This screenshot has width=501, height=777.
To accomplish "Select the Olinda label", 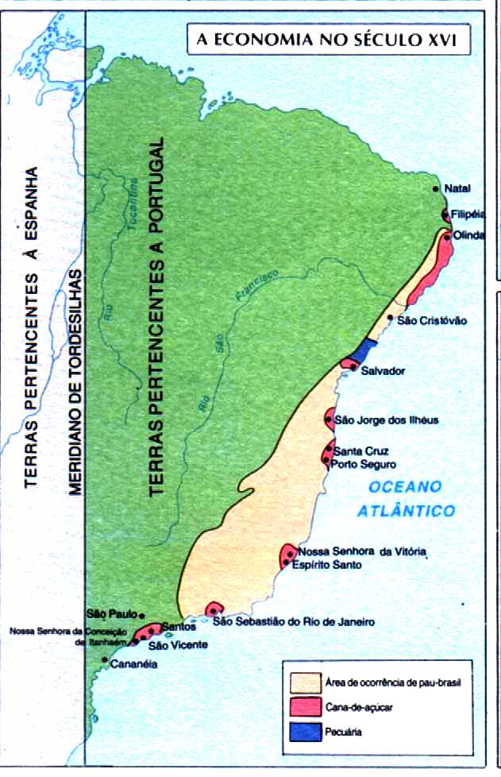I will click(468, 236).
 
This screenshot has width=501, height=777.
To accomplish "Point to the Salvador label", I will click(383, 371).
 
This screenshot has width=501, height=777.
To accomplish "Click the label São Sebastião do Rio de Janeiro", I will click(303, 622).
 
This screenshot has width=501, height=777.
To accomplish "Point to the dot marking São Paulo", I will click(141, 615).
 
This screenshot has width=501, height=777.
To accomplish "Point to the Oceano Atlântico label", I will click(405, 498).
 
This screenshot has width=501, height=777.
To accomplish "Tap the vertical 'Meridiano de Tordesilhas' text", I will click(75, 381).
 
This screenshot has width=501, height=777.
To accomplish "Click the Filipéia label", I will click(467, 215).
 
